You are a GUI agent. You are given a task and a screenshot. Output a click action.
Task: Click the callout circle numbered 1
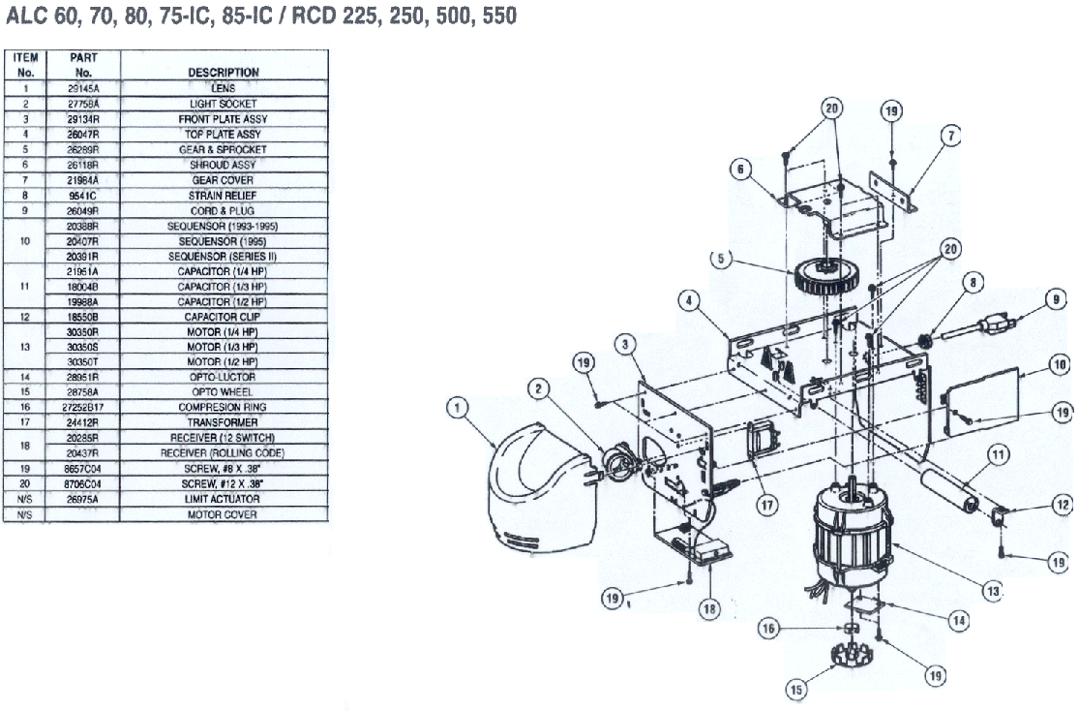pyautogui.click(x=458, y=408)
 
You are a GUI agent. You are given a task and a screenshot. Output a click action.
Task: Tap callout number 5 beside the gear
pyautogui.click(x=721, y=259)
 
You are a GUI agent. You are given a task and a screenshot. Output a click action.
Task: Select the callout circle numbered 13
pyautogui.click(x=992, y=591)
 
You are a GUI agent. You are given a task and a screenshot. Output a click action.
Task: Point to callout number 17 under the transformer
pyautogui.click(x=767, y=506)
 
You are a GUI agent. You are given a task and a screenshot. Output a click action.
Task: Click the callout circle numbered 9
pyautogui.click(x=1057, y=299)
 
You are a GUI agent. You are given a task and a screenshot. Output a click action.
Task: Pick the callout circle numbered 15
pyautogui.click(x=796, y=689)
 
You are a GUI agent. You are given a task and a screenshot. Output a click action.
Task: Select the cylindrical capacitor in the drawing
pyautogui.click(x=949, y=490)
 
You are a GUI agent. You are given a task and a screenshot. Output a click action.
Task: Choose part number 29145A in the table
pyautogui.click(x=83, y=88)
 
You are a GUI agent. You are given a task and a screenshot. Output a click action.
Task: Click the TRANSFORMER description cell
pyautogui.click(x=223, y=422)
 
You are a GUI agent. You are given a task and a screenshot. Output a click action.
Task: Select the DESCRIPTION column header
pyautogui.click(x=224, y=73)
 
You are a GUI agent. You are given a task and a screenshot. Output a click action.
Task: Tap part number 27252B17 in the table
pyautogui.click(x=83, y=407)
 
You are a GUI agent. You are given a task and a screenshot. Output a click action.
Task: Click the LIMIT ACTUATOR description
pyautogui.click(x=223, y=499)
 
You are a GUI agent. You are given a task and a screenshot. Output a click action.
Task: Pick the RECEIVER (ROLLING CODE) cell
pyautogui.click(x=223, y=452)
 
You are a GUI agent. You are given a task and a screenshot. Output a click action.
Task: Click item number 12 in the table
pyautogui.click(x=25, y=317)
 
